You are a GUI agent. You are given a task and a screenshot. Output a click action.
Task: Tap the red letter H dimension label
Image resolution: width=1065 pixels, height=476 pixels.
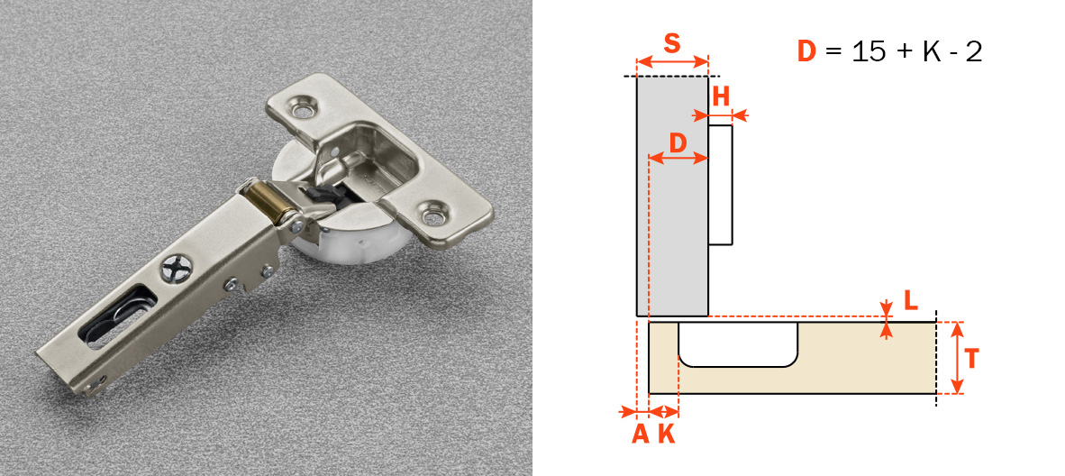pyautogui.click(x=721, y=96)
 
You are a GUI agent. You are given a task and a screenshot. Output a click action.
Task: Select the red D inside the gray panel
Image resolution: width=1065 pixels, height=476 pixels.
pyautogui.click(x=678, y=142)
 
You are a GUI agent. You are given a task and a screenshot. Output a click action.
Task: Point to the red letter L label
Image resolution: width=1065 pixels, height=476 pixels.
pyautogui.click(x=912, y=300)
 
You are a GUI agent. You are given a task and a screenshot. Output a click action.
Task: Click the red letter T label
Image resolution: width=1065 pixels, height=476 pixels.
pyautogui.click(x=972, y=359)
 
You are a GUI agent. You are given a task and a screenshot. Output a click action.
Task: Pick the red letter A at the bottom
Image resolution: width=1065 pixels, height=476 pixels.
pyautogui.click(x=640, y=434)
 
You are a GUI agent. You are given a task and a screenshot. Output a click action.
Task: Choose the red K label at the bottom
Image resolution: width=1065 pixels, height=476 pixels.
pyautogui.click(x=667, y=434)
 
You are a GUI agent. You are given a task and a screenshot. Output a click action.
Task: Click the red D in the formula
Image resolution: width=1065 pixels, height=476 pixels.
pyautogui.click(x=807, y=52)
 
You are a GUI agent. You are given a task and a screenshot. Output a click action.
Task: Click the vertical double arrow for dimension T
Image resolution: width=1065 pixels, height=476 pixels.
pyautogui.click(x=957, y=359)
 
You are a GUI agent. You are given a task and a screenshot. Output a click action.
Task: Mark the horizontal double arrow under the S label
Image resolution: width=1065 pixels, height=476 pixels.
pyautogui.click(x=672, y=62)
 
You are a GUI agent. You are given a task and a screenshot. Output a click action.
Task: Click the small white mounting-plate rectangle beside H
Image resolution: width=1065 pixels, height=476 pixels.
pyautogui.click(x=720, y=185)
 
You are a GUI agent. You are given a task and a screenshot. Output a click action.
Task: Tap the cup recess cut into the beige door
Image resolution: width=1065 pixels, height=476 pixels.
pyautogui.click(x=738, y=344)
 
